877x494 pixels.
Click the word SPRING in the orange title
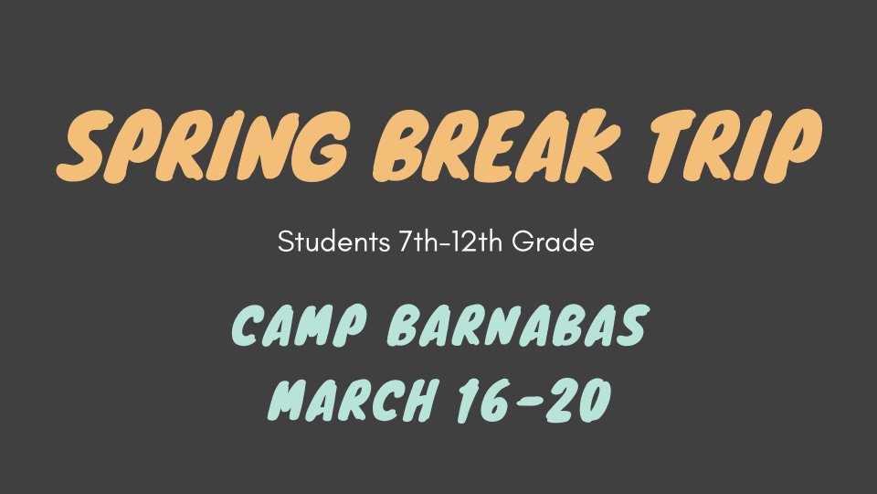point(203,146)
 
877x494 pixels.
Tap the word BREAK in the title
point(497,146)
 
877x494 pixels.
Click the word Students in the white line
point(334,242)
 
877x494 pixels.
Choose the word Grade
point(553,242)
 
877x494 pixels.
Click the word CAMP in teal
point(300,325)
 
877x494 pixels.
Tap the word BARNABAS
point(517,325)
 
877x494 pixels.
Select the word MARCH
point(352,400)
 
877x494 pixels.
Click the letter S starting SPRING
point(85,146)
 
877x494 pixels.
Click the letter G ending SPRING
point(320,146)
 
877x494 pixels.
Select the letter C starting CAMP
point(248,325)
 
